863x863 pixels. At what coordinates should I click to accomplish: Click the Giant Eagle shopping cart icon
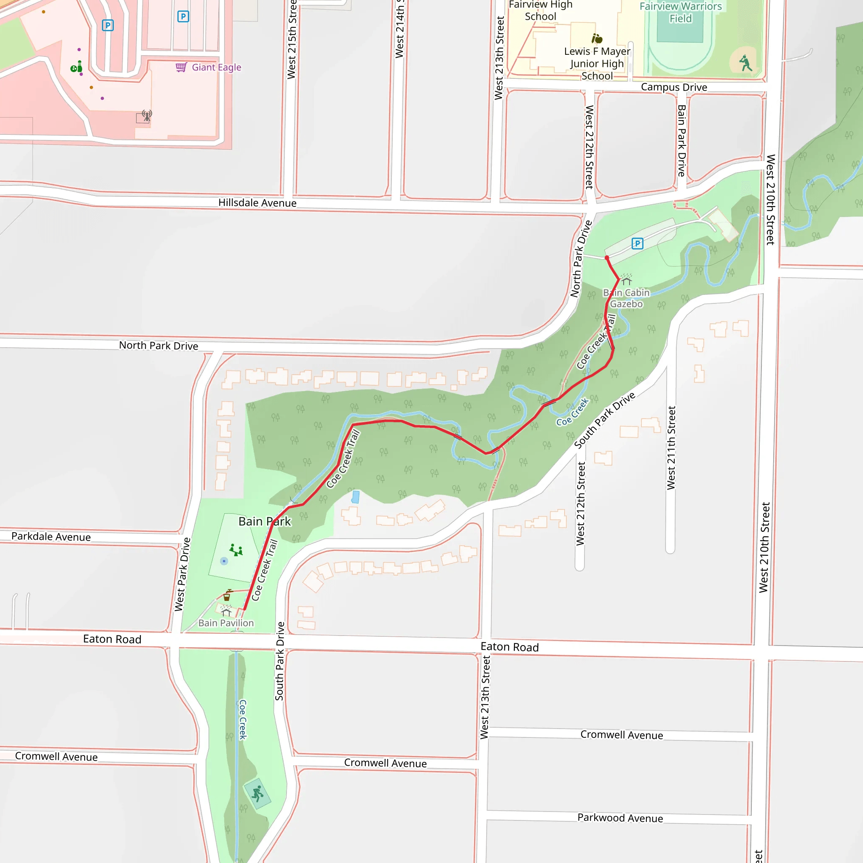click(x=181, y=67)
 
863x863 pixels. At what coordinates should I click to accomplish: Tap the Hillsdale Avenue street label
click(x=257, y=203)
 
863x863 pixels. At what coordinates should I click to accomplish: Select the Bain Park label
click(x=265, y=521)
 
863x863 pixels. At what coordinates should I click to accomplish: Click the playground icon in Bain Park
click(x=236, y=550)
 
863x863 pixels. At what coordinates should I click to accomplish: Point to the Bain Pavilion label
click(x=226, y=623)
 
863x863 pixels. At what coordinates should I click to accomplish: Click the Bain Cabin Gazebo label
click(x=626, y=298)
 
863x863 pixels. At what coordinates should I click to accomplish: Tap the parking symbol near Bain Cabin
click(x=638, y=244)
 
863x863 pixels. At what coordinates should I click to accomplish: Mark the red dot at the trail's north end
click(x=607, y=258)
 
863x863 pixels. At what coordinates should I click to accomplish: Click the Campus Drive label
click(x=674, y=87)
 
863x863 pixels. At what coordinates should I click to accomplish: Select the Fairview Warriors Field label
click(x=680, y=13)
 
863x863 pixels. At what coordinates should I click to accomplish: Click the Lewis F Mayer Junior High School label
click(x=597, y=64)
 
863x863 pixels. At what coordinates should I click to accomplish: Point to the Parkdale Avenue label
click(x=51, y=536)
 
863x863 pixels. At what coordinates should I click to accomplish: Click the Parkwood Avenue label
click(x=620, y=818)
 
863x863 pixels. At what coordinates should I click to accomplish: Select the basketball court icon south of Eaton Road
click(x=257, y=794)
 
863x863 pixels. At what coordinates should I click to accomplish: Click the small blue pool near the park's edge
click(x=356, y=497)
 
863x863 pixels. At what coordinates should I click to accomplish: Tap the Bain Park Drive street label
click(x=681, y=141)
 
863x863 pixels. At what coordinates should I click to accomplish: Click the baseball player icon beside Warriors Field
click(x=745, y=63)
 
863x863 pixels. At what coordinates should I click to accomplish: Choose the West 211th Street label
click(x=671, y=448)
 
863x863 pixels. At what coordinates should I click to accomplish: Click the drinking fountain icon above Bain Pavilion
click(x=228, y=595)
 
